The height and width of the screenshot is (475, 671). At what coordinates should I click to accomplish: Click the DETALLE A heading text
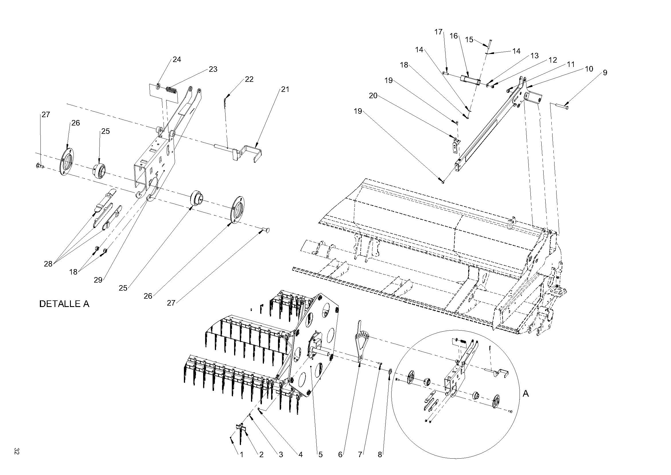pyautogui.click(x=64, y=304)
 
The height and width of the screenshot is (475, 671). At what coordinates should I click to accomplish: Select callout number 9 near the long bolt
pyautogui.click(x=605, y=73)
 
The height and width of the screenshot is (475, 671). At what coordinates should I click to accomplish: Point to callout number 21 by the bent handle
pyautogui.click(x=285, y=89)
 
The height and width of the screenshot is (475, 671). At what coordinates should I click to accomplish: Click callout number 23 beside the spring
pyautogui.click(x=213, y=69)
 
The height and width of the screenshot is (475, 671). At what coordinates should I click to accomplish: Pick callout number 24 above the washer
pyautogui.click(x=177, y=59)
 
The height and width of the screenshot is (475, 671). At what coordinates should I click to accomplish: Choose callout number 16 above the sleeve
pyautogui.click(x=454, y=36)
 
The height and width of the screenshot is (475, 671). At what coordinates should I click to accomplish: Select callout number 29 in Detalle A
pyautogui.click(x=98, y=280)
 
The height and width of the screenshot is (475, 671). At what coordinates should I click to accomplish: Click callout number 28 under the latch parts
pyautogui.click(x=48, y=264)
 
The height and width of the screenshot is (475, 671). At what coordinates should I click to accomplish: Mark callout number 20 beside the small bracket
pyautogui.click(x=373, y=96)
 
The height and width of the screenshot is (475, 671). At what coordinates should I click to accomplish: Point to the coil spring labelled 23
pyautogui.click(x=172, y=91)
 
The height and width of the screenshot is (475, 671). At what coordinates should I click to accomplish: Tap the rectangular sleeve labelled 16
pyautogui.click(x=470, y=80)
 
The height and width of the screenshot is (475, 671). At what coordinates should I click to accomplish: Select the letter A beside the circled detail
pyautogui.click(x=526, y=394)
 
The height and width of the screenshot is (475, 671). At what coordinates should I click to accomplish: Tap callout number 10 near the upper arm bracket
pyautogui.click(x=589, y=69)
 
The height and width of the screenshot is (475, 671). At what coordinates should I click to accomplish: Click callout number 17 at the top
pyautogui.click(x=439, y=32)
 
